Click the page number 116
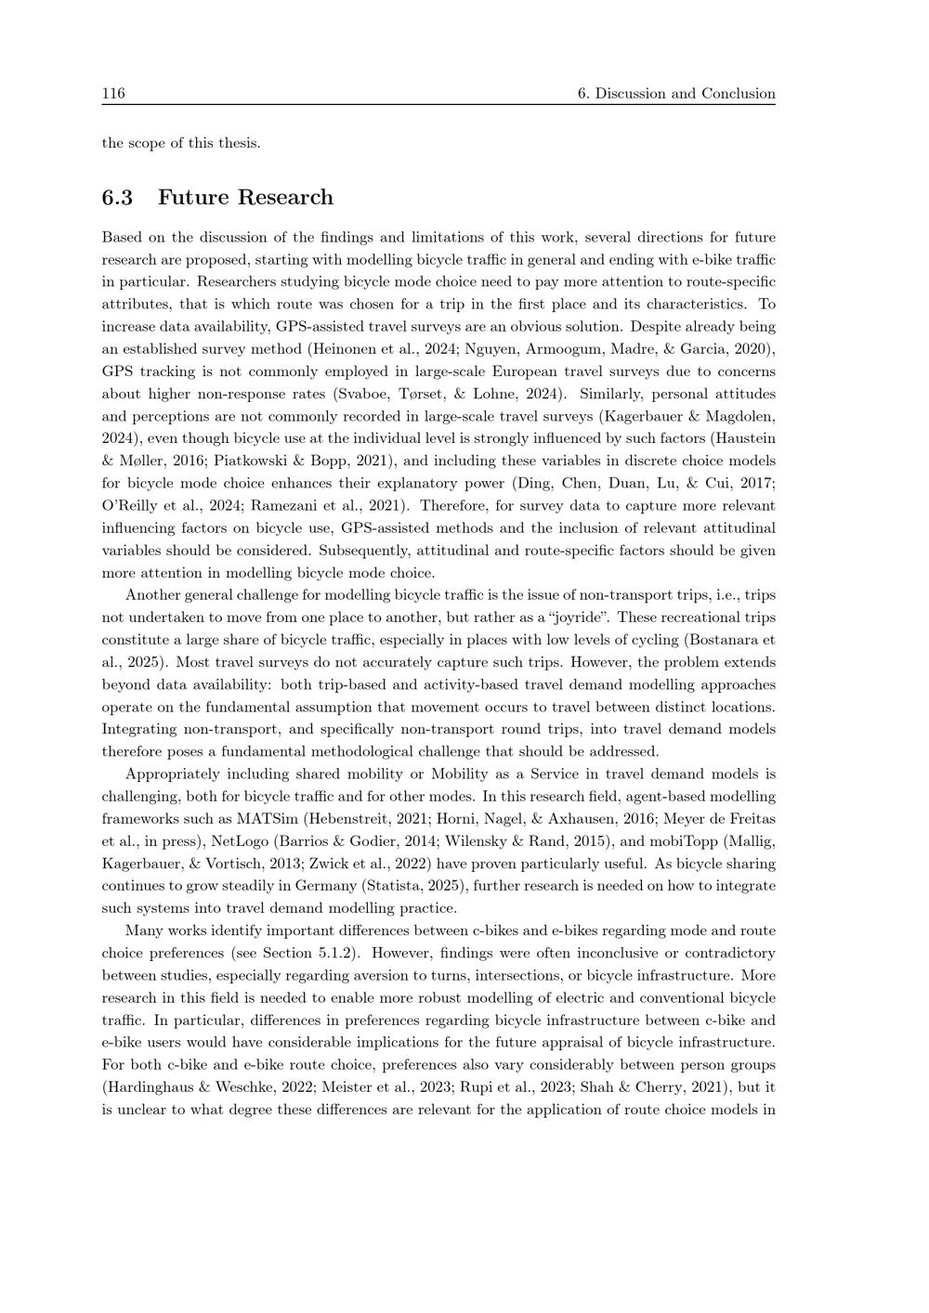(x=113, y=93)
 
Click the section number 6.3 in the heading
(x=117, y=197)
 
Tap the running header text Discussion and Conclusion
(x=685, y=93)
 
